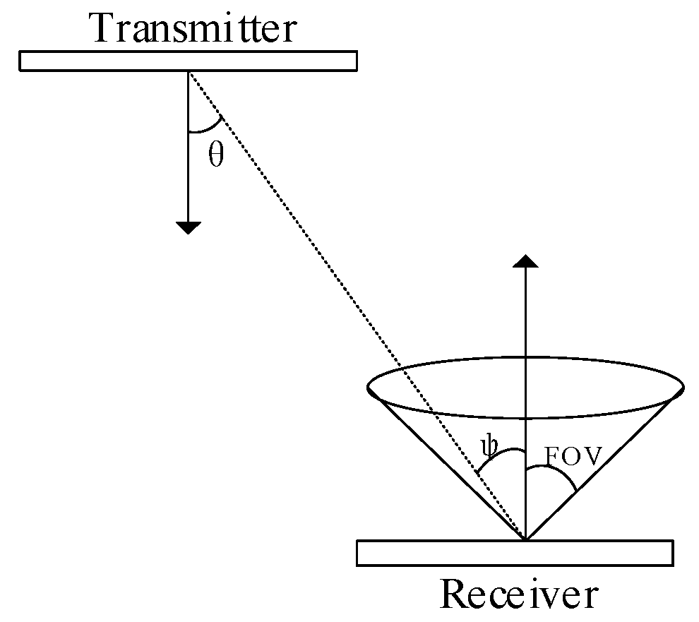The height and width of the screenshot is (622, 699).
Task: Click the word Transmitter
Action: click(193, 29)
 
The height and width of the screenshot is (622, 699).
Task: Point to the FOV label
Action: click(573, 457)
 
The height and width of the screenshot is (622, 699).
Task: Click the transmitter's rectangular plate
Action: click(188, 61)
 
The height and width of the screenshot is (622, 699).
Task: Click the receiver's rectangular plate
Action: click(515, 553)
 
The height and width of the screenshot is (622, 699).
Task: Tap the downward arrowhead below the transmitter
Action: click(189, 227)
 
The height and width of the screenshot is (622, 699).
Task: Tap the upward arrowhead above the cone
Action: click(525, 261)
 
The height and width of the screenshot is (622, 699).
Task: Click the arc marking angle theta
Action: click(207, 128)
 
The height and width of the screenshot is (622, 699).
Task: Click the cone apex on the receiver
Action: click(525, 539)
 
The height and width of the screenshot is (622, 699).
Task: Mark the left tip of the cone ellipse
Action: click(369, 387)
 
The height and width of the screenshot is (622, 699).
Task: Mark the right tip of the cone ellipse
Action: click(683, 387)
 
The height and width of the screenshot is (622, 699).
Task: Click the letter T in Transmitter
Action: click(101, 29)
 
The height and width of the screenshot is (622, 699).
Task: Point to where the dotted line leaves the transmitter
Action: click(189, 72)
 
